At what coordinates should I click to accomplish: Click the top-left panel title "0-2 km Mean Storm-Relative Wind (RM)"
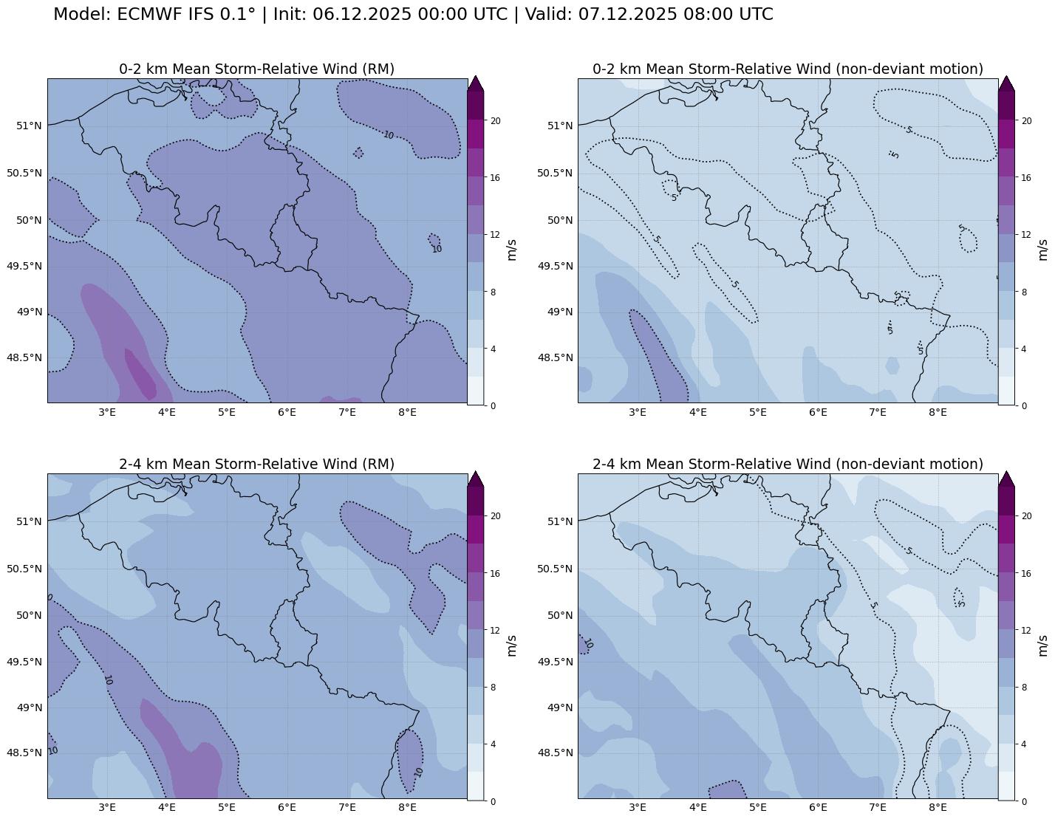point(256,69)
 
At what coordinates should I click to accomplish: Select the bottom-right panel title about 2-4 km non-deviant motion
point(788,464)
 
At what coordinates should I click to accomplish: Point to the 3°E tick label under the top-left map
point(107,412)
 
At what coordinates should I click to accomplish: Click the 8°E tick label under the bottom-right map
point(938,807)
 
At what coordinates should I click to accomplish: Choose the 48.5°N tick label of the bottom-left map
point(24,753)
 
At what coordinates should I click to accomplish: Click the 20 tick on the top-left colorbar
point(496,121)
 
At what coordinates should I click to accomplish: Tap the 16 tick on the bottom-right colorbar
point(1025,573)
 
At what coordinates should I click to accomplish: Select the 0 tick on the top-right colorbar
point(1022,405)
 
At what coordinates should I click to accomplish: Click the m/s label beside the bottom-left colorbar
point(511,645)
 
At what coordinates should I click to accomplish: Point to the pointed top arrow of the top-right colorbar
point(1006,83)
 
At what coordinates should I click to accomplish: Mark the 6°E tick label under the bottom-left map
point(287,807)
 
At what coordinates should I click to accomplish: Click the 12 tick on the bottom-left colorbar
point(496,631)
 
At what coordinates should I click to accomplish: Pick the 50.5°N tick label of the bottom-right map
point(554,569)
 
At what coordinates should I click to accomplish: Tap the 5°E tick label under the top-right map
point(757,412)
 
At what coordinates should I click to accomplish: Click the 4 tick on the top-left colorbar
point(493,349)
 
